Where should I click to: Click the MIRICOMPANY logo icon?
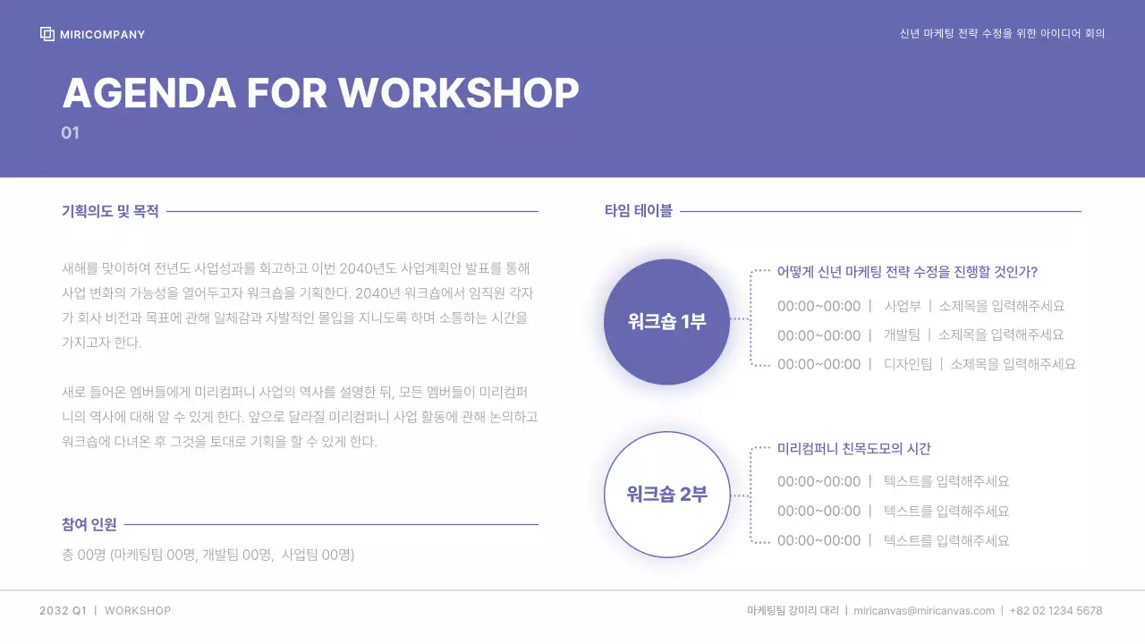click(x=47, y=34)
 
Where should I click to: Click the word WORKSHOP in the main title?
click(x=458, y=93)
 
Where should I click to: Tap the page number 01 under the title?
click(x=71, y=133)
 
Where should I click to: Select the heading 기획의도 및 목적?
click(x=110, y=212)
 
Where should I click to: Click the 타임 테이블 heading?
click(x=638, y=212)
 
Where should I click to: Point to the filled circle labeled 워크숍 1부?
click(x=666, y=322)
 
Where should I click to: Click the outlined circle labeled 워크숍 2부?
click(x=666, y=494)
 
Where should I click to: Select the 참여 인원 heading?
click(x=89, y=524)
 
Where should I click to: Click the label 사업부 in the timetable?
click(x=902, y=306)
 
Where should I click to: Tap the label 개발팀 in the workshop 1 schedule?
click(x=902, y=335)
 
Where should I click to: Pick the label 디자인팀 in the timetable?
click(x=907, y=364)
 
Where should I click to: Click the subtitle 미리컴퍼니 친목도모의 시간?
click(x=853, y=449)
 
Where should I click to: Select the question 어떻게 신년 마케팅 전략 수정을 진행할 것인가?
click(x=907, y=272)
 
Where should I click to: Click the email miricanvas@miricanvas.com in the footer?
click(x=923, y=611)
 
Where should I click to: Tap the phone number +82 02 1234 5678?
click(x=1056, y=611)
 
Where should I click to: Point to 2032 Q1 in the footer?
click(x=63, y=611)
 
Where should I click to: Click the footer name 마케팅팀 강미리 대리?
click(x=793, y=611)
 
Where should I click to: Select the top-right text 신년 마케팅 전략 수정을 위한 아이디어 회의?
click(x=1002, y=34)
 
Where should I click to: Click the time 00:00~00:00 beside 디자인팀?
click(x=818, y=364)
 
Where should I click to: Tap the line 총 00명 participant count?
click(x=208, y=555)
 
